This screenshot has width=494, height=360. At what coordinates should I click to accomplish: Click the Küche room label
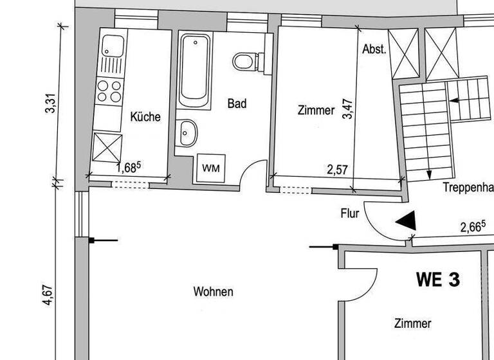[x=145, y=117]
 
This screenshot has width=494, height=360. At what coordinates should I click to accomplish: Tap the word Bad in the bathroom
[x=237, y=103]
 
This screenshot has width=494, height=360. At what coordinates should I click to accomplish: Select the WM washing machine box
[x=210, y=168]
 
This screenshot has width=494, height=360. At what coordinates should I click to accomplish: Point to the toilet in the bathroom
[x=245, y=61]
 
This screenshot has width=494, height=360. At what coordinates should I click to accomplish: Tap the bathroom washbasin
[x=188, y=134]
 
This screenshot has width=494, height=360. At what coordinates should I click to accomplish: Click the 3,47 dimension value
[x=348, y=109]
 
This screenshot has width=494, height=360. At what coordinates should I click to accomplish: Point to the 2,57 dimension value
[x=338, y=170]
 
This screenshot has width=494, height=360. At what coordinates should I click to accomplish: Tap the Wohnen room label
[x=214, y=292]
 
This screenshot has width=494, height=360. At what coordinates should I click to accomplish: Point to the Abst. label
[x=374, y=50]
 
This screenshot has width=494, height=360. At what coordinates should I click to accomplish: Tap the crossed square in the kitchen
[x=106, y=147]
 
